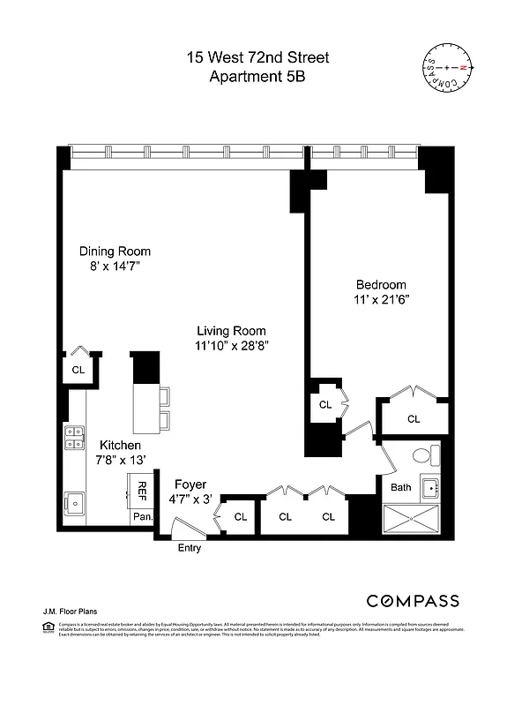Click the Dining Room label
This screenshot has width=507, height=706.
(x=115, y=251)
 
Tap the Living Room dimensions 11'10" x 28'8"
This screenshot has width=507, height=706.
(x=232, y=346)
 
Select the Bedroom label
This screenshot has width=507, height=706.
(x=381, y=284)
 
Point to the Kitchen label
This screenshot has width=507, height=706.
(x=119, y=445)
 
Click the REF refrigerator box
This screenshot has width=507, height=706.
(x=142, y=490)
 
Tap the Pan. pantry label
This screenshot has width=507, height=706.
(x=142, y=517)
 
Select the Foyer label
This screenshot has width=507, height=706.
(x=190, y=484)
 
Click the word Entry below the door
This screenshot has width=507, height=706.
(x=189, y=548)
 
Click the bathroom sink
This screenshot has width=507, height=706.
(x=431, y=486)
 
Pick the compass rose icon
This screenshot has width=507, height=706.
(x=446, y=67)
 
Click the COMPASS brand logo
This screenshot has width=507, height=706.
(x=412, y=601)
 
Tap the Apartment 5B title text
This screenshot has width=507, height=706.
(x=257, y=77)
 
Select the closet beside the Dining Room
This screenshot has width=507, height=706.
(x=78, y=370)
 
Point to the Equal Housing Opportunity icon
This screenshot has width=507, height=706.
(x=48, y=627)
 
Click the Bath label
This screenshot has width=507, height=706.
(x=400, y=487)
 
